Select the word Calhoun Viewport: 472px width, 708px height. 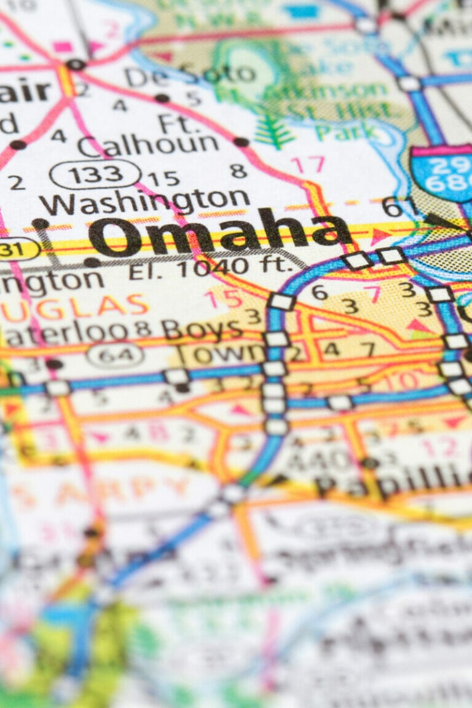[148, 146]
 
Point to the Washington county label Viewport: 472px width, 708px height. [144, 200]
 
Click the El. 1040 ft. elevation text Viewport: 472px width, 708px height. [210, 267]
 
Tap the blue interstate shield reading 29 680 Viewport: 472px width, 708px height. [441, 175]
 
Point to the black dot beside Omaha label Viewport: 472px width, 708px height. [41, 224]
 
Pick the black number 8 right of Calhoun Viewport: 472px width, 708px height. [238, 170]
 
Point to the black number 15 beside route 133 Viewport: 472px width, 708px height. [163, 179]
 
